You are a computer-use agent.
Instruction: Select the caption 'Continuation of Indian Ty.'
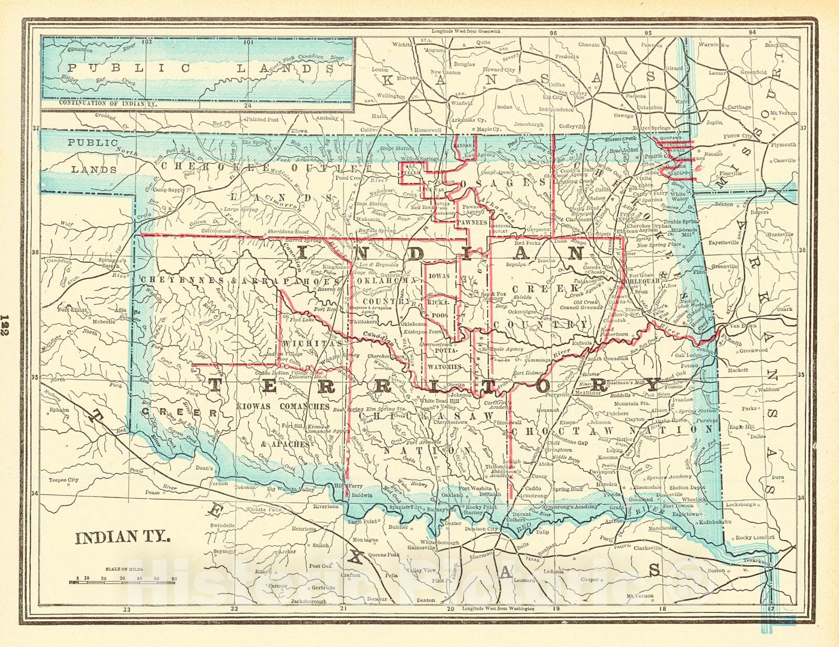point(109,104)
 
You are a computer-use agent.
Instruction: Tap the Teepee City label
point(63,480)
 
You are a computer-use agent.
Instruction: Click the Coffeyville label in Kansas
point(572,126)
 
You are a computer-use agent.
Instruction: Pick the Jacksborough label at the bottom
point(309,601)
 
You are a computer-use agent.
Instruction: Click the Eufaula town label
point(582,343)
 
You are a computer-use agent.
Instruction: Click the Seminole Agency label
point(503,349)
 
